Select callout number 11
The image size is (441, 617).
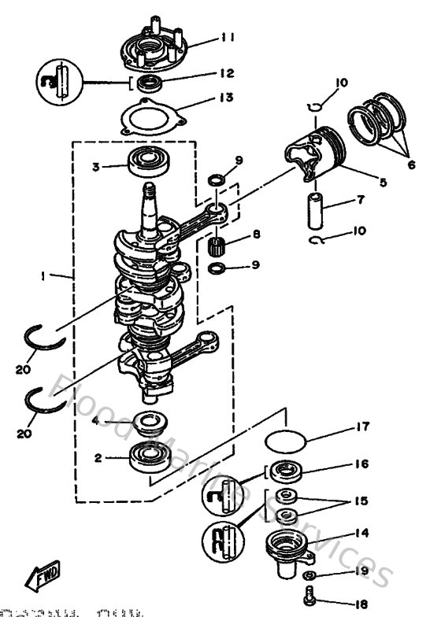[x=228, y=36]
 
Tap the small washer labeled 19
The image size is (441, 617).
[x=313, y=576]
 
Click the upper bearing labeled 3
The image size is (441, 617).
[x=147, y=164]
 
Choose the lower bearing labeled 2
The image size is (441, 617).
[x=147, y=456]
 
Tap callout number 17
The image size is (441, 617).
[x=361, y=429]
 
